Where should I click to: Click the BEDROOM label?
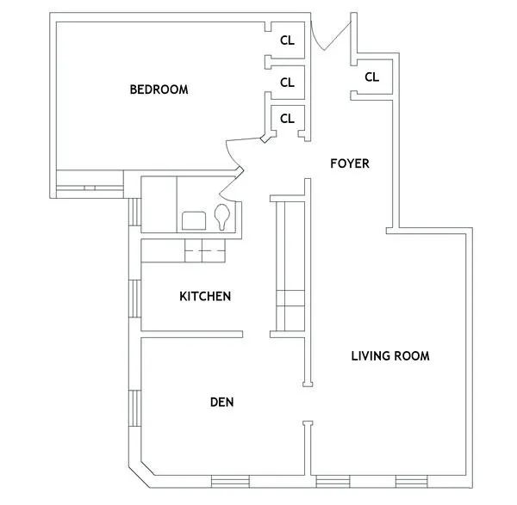[159, 89]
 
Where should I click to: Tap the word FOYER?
[350, 163]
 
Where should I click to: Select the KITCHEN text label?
[204, 297]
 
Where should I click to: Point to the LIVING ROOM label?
[389, 355]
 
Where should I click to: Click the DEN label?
[222, 402]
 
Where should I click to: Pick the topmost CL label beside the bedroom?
[288, 40]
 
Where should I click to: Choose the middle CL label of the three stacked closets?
[288, 83]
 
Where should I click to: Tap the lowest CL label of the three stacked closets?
[288, 119]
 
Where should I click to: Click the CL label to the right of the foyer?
[371, 77]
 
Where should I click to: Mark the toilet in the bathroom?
[222, 217]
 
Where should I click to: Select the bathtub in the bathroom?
[159, 204]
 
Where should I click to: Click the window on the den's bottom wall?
[230, 480]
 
